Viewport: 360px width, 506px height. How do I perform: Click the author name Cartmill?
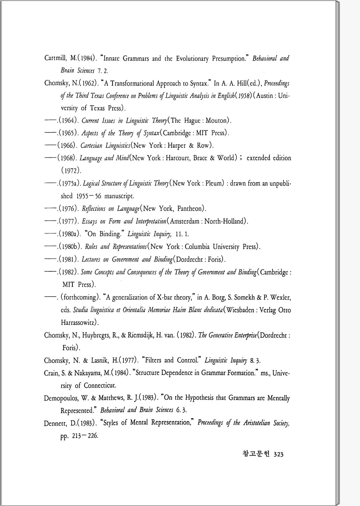tap(55, 58)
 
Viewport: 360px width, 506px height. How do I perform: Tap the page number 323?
tap(278, 454)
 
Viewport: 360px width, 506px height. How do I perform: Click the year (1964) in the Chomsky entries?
tap(68, 120)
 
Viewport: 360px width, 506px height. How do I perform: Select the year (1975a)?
tap(70, 184)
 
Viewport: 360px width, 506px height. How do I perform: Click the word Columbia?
tap(197, 247)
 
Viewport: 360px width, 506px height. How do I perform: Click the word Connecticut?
tap(100, 386)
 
